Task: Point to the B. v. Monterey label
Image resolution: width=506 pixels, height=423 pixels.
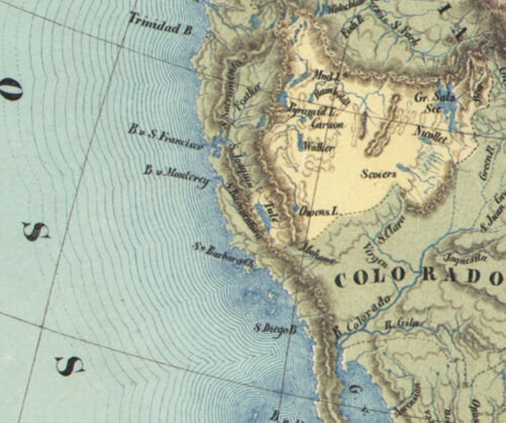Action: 176,176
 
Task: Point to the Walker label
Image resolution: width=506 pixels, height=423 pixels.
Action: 319,147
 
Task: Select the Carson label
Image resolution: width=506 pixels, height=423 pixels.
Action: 327,124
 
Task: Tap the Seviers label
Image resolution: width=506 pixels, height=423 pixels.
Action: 378,174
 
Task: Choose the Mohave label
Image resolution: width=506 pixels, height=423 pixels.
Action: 317,253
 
